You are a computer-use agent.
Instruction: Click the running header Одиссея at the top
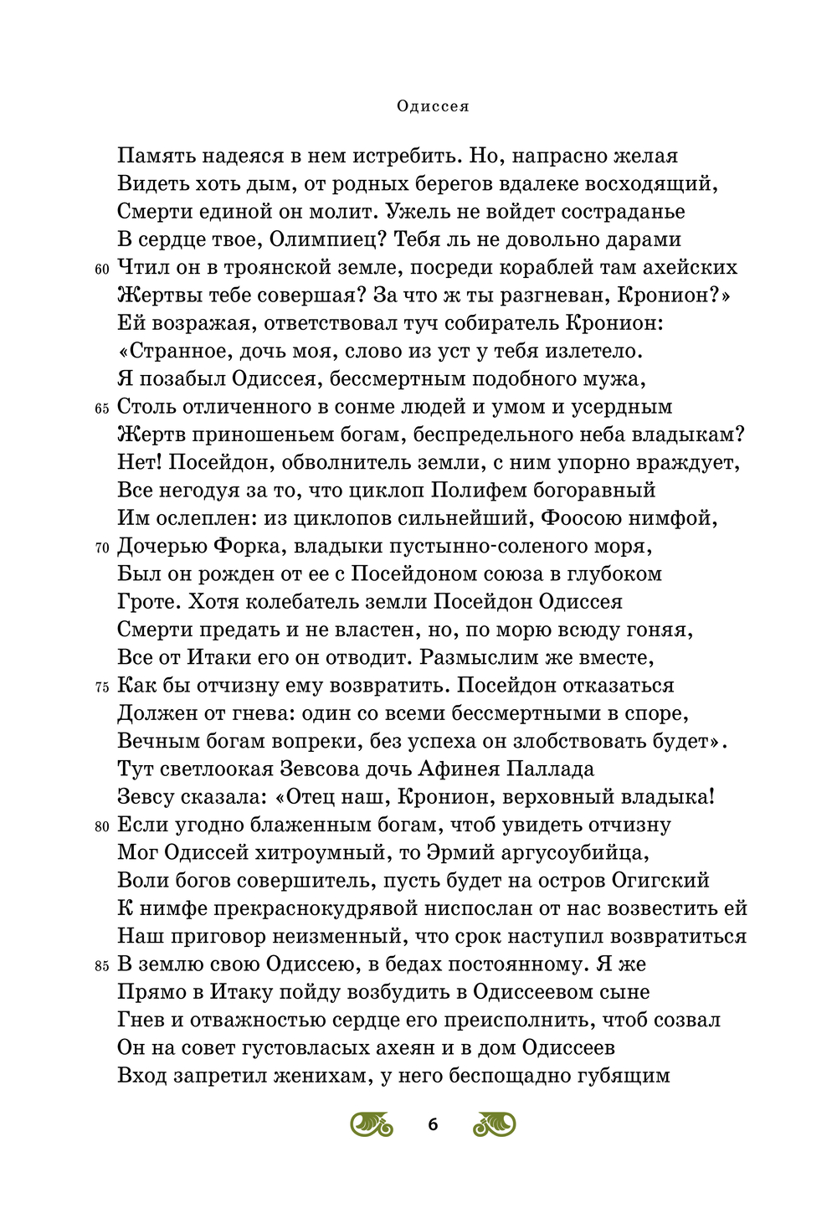433,106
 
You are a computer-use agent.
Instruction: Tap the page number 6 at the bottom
433,1124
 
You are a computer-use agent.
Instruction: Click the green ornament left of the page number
372,1124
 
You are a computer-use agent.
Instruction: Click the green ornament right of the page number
495,1124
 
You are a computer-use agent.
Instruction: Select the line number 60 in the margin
102,270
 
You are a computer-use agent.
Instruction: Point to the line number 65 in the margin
102,409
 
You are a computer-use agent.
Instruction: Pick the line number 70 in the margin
102,548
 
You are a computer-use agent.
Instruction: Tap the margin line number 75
102,687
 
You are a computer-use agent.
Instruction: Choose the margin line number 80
102,827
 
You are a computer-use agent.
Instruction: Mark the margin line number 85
102,966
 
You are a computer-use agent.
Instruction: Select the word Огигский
660,880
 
